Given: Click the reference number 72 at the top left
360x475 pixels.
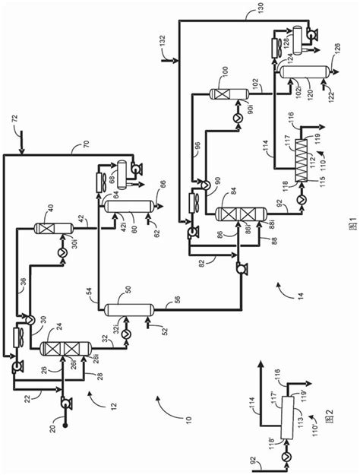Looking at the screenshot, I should pos(17,119).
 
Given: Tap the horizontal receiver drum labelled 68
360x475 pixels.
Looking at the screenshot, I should pos(118,169).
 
